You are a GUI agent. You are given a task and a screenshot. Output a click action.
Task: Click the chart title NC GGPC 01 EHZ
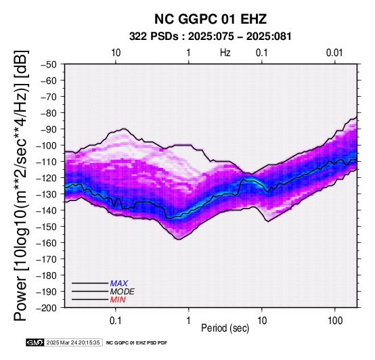[x=211, y=19]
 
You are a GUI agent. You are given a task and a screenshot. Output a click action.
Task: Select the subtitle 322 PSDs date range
[x=211, y=37]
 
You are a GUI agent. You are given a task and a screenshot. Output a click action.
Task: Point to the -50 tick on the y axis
[x=49, y=64]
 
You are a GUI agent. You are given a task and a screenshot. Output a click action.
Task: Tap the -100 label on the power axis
[x=47, y=145]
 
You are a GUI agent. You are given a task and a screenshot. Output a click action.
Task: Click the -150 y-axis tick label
[x=47, y=227]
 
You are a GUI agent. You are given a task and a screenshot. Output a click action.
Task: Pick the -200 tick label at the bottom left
[x=47, y=308]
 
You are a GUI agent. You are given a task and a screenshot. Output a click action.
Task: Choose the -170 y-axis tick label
[x=47, y=259]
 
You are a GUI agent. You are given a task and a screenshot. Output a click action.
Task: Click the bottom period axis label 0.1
[x=116, y=320]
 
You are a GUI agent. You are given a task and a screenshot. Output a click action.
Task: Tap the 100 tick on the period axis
[x=335, y=320]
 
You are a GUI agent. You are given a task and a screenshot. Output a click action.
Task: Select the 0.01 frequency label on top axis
[x=334, y=53]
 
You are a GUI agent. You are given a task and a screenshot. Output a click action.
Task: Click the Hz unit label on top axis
[x=225, y=53]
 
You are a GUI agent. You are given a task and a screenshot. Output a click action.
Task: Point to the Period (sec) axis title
[x=225, y=328]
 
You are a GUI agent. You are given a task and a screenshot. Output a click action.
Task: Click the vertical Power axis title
[x=21, y=185]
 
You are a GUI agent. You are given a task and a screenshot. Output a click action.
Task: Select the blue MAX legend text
[x=119, y=284]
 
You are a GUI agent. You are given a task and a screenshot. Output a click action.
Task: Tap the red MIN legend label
[x=118, y=300]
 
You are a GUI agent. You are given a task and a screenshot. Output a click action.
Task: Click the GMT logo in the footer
[x=35, y=342]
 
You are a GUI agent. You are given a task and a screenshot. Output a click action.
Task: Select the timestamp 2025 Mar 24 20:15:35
[x=73, y=342]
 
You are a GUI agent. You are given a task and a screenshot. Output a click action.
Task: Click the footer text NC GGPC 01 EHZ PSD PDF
[x=137, y=343]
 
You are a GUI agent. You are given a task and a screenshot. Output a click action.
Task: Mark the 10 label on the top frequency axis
[x=116, y=53]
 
